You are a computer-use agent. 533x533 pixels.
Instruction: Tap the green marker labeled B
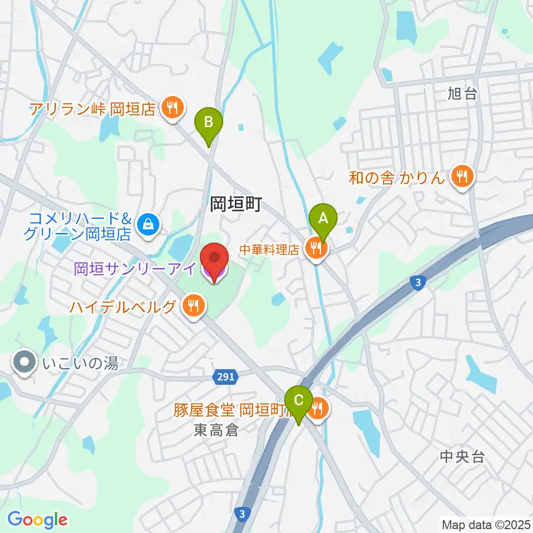[x=209, y=122]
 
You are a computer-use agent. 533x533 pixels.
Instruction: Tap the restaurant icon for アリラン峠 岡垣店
[x=172, y=108]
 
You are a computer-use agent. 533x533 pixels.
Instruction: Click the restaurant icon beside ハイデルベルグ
[x=193, y=305]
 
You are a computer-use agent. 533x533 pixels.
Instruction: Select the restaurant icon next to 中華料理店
[x=316, y=249]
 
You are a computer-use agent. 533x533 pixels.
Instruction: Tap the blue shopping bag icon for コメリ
[x=148, y=224]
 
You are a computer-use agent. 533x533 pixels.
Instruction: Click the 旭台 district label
[x=462, y=94]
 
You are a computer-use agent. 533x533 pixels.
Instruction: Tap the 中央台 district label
[x=462, y=456]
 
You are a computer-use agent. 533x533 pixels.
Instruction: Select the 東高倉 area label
[x=216, y=429]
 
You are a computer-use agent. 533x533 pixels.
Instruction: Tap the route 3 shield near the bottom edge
[x=242, y=512]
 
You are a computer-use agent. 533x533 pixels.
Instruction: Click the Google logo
[x=38, y=520]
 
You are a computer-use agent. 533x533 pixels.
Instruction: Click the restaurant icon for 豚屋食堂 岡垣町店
[x=318, y=410]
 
